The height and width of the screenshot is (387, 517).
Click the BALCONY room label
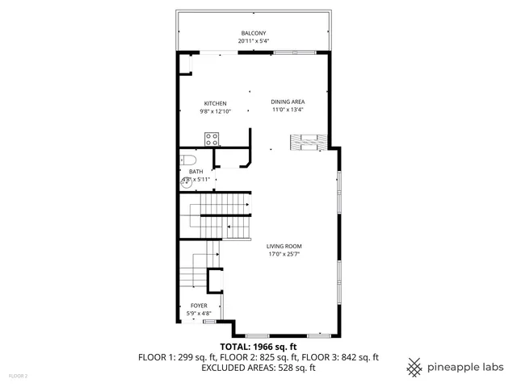point(253,33)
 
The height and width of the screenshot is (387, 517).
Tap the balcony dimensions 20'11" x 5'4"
point(253,41)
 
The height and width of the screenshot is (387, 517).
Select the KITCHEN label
point(215,103)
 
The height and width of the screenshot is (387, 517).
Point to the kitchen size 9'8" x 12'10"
point(216,111)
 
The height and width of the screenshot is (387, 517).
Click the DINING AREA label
point(288,102)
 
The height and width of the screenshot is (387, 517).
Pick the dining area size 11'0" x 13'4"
point(288,110)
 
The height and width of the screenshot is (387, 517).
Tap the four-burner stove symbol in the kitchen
point(212,138)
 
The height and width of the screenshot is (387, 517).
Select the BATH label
point(196,172)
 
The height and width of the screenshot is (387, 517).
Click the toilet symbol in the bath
point(185,159)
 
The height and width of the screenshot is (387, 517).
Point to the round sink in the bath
point(186,182)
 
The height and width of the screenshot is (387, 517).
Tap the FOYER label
point(198,306)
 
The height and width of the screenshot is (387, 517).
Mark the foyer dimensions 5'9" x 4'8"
point(198,313)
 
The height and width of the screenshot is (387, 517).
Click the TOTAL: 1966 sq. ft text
point(258,345)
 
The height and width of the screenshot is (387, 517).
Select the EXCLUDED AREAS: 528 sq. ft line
point(258,368)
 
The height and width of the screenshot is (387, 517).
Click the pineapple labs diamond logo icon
point(414,367)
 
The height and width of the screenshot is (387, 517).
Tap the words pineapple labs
point(465,367)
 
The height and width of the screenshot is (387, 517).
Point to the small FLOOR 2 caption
point(18,376)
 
